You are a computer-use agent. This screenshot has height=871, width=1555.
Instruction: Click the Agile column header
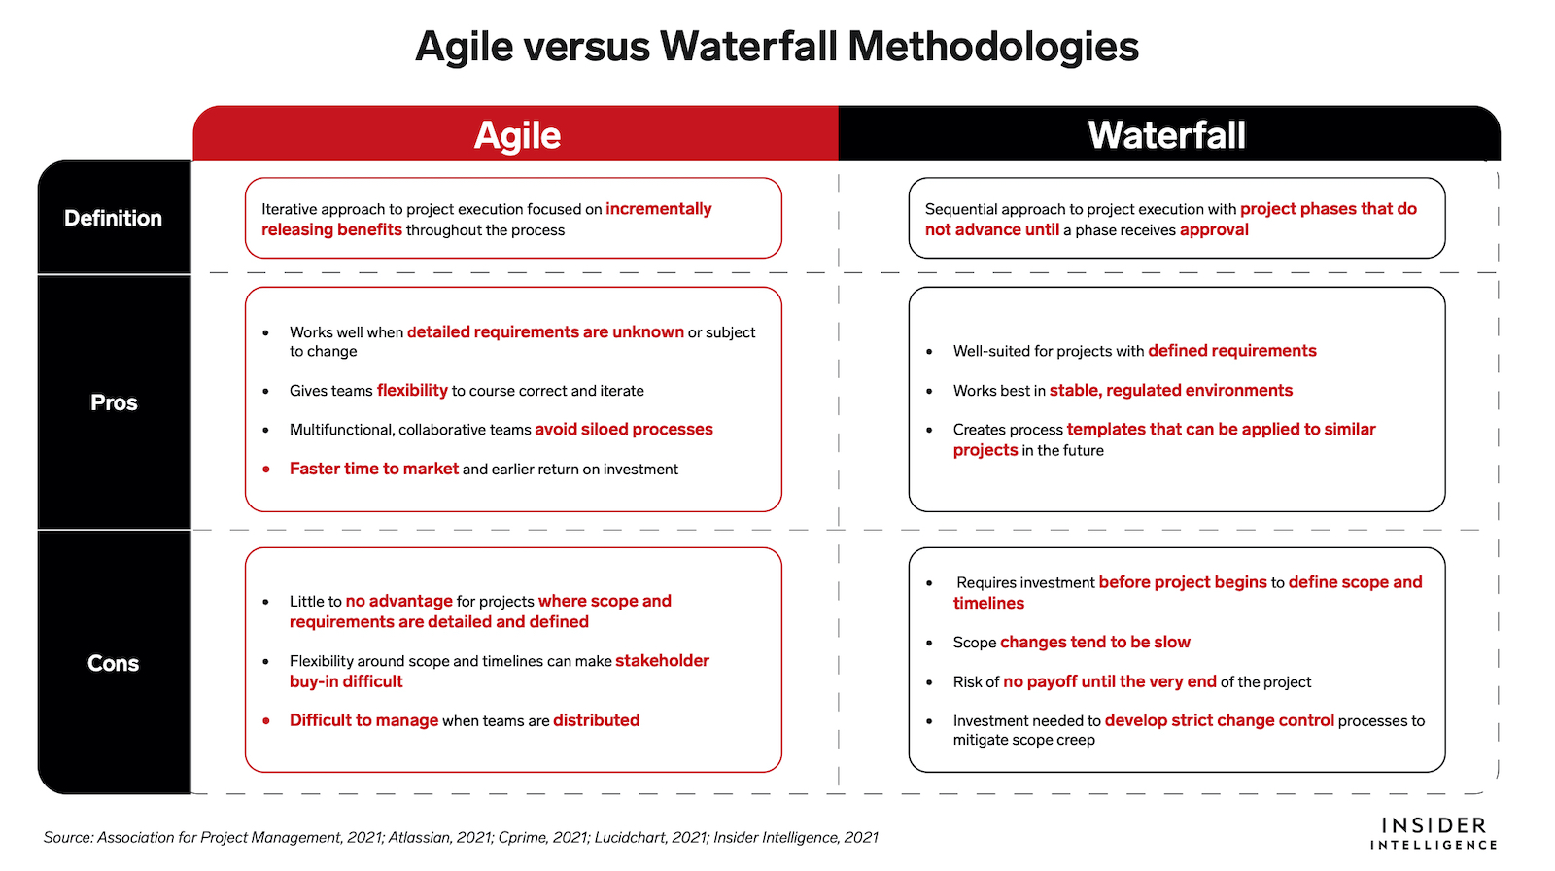pyautogui.click(x=517, y=135)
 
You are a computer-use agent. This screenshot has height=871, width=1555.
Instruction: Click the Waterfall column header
pyautogui.click(x=1166, y=135)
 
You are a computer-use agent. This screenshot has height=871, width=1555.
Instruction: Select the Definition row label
pyautogui.click(x=113, y=218)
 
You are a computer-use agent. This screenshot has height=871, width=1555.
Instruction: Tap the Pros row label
pyautogui.click(x=114, y=402)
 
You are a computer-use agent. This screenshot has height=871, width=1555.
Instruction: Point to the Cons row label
pyautogui.click(x=113, y=663)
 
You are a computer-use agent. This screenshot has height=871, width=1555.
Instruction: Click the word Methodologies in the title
pyautogui.click(x=993, y=48)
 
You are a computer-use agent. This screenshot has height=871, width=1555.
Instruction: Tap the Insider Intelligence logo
pyautogui.click(x=1434, y=833)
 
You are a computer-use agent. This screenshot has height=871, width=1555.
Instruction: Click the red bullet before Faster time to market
pyautogui.click(x=266, y=470)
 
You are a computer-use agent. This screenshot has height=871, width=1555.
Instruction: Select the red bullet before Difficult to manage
pyautogui.click(x=266, y=721)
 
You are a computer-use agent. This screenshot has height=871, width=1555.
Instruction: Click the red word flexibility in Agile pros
pyautogui.click(x=412, y=391)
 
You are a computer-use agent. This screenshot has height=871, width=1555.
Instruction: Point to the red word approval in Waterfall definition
pyautogui.click(x=1214, y=230)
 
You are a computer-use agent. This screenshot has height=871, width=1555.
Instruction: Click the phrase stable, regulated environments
pyautogui.click(x=1171, y=391)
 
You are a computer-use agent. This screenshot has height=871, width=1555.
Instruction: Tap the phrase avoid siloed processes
pyautogui.click(x=624, y=430)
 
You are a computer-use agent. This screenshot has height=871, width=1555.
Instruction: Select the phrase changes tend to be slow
pyautogui.click(x=1095, y=642)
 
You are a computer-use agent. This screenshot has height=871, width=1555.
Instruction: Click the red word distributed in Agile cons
pyautogui.click(x=597, y=720)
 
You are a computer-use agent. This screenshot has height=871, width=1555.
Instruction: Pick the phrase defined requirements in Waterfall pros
pyautogui.click(x=1232, y=351)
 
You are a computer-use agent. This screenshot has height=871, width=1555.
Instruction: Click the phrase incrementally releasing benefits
pyautogui.click(x=487, y=220)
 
